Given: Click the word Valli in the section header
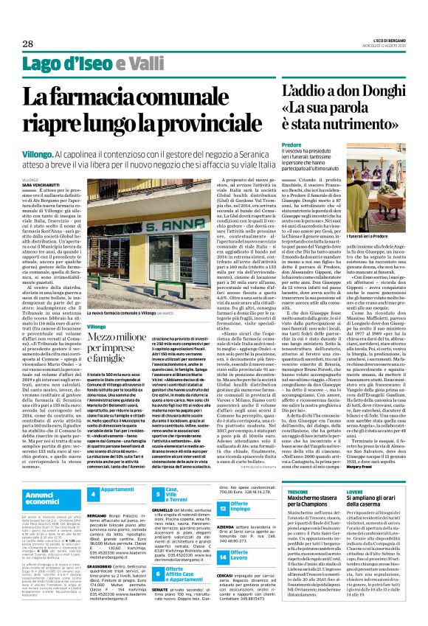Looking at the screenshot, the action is [140, 63].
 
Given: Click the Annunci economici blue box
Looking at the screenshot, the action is [47, 495].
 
